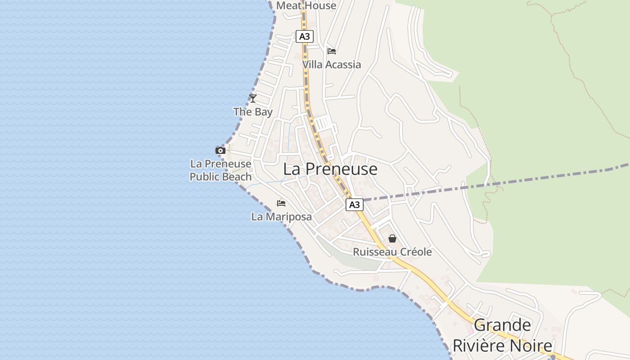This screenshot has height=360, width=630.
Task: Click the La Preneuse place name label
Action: coord(330,169)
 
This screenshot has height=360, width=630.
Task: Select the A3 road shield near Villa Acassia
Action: coord(304,36)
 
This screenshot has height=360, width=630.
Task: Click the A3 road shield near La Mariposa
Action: coord(355,205)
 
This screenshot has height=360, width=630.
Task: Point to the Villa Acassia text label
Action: coord(331,64)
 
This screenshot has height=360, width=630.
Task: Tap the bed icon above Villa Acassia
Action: coord(332,51)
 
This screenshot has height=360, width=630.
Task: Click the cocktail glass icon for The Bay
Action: coord(253,98)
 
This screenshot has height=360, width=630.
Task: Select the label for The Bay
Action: coord(253,112)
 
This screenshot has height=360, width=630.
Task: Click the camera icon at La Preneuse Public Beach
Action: coord(220,150)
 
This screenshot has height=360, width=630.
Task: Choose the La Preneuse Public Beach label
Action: coord(220,170)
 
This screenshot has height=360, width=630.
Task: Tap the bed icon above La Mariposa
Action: coord(281,203)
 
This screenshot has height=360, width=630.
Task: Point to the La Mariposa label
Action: coord(281,217)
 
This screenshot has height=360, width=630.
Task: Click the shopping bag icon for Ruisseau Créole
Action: coord(392,238)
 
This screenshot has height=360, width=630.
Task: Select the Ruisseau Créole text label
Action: coord(392,252)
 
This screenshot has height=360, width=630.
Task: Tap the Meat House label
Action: coord(306,5)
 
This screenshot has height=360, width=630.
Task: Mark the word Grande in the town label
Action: coord(502,325)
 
